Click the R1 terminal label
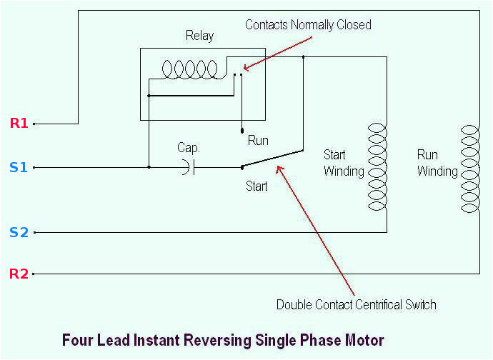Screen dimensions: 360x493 click(19, 123)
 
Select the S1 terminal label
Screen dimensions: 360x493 click(19, 168)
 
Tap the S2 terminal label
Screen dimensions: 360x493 click(19, 232)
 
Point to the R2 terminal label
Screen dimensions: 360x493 click(19, 274)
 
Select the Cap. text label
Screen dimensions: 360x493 click(189, 148)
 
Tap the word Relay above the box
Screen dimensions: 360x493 click(199, 36)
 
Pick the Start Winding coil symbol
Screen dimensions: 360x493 click(377, 167)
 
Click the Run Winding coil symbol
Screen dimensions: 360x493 click(469, 169)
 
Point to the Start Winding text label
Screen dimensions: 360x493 click(344, 163)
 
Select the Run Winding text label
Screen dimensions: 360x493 click(437, 163)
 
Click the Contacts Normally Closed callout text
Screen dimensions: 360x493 click(308, 25)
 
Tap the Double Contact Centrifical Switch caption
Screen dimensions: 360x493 click(356, 305)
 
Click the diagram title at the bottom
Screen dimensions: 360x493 click(223, 340)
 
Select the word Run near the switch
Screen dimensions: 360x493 click(258, 141)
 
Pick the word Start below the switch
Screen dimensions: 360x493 click(257, 186)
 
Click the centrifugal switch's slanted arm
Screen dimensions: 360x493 click(272, 159)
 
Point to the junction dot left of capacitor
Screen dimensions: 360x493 click(149, 168)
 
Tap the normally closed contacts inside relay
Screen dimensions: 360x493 click(237, 73)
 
